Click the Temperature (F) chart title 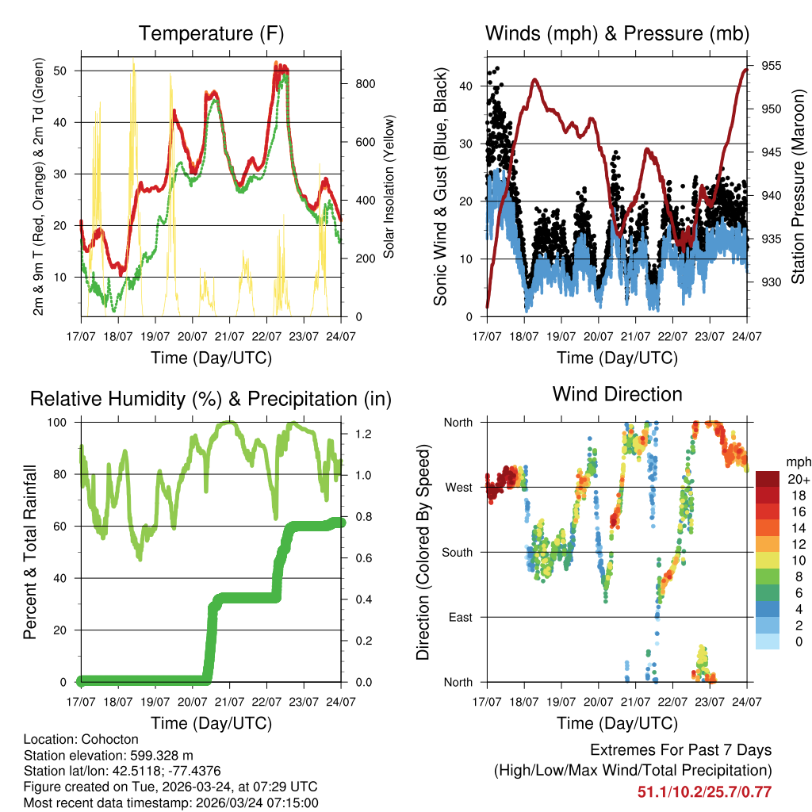point(211,33)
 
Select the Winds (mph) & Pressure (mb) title point(617,33)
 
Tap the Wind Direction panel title point(617,394)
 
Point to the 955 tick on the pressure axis point(771,66)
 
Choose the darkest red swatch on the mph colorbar point(767,479)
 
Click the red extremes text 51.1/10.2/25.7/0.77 point(704,791)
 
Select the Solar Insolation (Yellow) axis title point(389,186)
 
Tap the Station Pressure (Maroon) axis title point(798,186)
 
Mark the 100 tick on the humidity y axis point(65,422)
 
